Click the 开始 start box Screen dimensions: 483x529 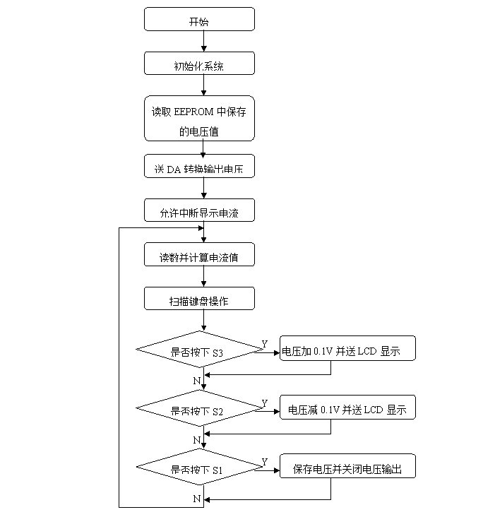coord(199,19)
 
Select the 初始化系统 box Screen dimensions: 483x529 coord(199,64)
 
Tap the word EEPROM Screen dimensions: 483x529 coord(193,112)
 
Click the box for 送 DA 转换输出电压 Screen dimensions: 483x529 coord(199,166)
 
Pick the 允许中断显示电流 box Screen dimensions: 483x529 coord(199,210)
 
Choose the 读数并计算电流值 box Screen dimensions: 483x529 coord(199,254)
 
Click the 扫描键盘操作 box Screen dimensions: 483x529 coord(199,299)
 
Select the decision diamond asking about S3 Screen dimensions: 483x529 coord(199,349)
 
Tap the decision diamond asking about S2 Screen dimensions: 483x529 coord(199,408)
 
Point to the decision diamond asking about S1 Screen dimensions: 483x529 coord(199,467)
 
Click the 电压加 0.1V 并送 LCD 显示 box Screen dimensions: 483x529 coord(347,348)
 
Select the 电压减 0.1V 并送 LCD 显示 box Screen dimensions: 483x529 coord(347,408)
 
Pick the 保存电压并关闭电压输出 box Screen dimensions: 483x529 coord(347,466)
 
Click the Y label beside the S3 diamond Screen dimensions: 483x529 coord(265,344)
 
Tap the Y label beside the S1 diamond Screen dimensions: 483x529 coord(265,461)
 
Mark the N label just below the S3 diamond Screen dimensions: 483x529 coord(197,381)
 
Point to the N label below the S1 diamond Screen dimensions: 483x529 coord(197,499)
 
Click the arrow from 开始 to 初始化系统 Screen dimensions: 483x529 coord(204,41)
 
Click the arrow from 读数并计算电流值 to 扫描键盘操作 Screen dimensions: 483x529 coord(204,276)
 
